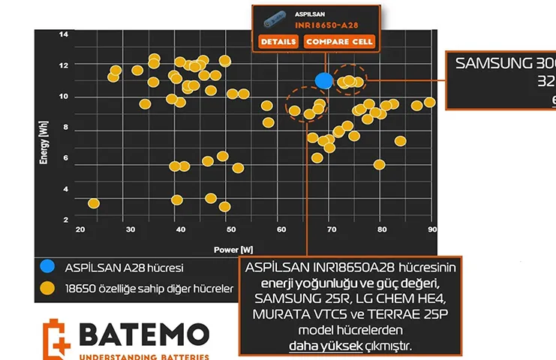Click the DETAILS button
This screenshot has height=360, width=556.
[x=278, y=41]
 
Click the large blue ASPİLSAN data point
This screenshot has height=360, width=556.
[x=324, y=79]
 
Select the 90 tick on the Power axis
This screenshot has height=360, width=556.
[x=431, y=229]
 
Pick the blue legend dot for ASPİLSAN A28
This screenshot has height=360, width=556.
[x=47, y=266]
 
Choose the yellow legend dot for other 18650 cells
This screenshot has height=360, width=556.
[x=47, y=287]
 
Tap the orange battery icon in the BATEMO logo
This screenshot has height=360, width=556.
[x=57, y=338]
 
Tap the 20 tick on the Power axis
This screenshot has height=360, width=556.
[x=80, y=229]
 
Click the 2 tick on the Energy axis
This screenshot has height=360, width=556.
[x=65, y=219]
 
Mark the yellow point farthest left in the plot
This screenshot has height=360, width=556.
[x=94, y=203]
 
